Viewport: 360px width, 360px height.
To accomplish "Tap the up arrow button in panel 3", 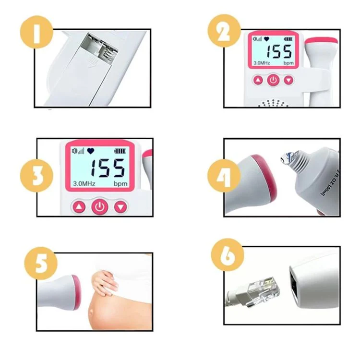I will [x=79, y=207].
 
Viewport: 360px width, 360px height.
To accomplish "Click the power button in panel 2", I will [x=273, y=80].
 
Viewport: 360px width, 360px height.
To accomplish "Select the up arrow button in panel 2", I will [x=258, y=80].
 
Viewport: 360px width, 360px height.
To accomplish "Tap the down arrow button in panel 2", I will [x=288, y=80].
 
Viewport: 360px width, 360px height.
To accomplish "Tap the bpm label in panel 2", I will [x=288, y=63].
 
